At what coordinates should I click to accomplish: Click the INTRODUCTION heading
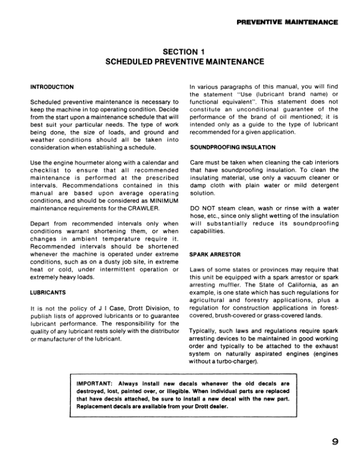click(52, 87)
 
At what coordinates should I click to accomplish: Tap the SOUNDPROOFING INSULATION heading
click(224, 147)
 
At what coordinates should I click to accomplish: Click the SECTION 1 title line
click(180, 52)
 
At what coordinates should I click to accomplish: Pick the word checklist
click(46, 170)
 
